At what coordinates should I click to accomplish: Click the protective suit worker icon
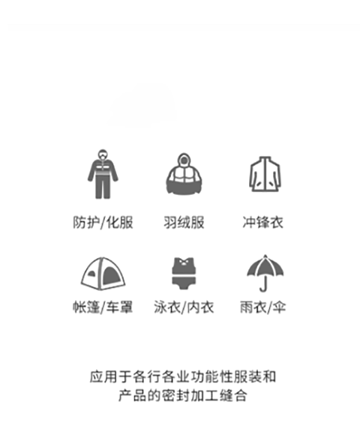[x=103, y=174]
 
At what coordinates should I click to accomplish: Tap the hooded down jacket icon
[x=184, y=174]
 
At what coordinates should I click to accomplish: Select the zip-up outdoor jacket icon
[x=265, y=174]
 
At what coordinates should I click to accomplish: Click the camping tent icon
[x=103, y=274]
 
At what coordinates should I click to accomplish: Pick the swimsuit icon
[x=184, y=273]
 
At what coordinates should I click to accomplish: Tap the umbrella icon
[x=265, y=273]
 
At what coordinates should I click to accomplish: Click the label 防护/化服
[x=103, y=222]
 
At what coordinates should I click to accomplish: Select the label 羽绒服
[x=184, y=222]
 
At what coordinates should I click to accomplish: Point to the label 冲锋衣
[x=262, y=222]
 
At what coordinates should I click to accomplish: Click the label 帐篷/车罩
[x=103, y=307]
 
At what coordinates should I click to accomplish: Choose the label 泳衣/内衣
[x=184, y=307]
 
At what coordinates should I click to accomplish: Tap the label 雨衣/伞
[x=262, y=307]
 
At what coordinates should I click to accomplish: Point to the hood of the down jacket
[x=184, y=160]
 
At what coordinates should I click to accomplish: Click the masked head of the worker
[x=103, y=154]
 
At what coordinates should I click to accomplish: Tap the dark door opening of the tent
[x=111, y=276]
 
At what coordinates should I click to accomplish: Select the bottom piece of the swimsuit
[x=184, y=283]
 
